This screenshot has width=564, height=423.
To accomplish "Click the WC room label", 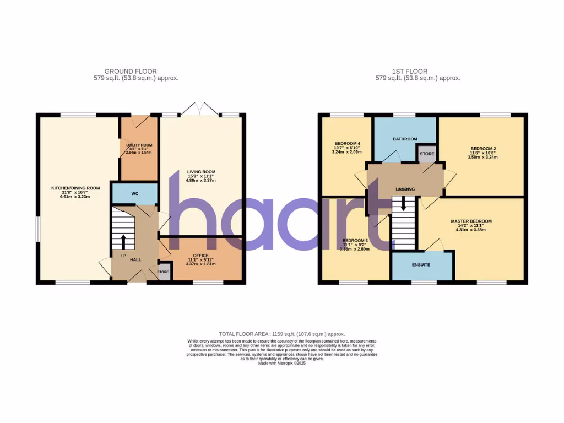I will click(134, 194).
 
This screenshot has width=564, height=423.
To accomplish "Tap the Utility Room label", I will click(139, 145).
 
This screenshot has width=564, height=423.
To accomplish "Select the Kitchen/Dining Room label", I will click(75, 188).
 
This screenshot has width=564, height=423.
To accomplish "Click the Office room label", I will click(200, 255).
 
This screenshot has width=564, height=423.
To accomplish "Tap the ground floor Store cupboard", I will click(163, 272).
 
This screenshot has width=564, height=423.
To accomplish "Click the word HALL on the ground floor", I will click(135, 259).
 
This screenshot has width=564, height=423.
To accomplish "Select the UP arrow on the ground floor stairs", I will click(123, 241).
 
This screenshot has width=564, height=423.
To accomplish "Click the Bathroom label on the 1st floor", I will click(405, 139).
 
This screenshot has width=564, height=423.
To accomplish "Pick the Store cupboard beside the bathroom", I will click(427, 154).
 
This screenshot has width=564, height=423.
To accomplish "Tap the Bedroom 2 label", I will click(483, 149).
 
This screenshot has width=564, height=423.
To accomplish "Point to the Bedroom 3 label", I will click(355, 241).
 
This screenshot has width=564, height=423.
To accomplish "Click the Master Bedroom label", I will click(470, 221).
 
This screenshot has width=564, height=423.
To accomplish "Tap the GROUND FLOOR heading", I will click(131, 71).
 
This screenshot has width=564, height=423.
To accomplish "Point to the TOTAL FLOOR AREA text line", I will click(281, 334).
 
